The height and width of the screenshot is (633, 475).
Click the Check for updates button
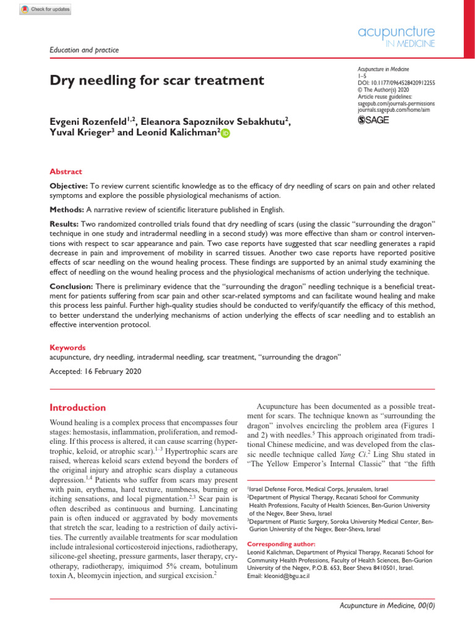point(46,9)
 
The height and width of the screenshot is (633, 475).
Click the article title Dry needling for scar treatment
point(156,80)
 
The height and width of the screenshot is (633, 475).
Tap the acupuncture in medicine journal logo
point(396,36)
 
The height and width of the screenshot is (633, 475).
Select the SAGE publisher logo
point(374,120)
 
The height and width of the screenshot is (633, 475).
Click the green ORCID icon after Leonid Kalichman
point(224,134)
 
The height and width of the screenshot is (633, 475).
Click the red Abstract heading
point(66,172)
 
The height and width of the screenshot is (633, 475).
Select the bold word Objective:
point(69,186)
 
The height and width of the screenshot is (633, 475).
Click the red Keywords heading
point(67,347)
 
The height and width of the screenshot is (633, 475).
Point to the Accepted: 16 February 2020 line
point(95,372)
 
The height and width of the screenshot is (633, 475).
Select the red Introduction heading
point(77,408)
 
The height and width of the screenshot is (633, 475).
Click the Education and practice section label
point(84,50)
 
